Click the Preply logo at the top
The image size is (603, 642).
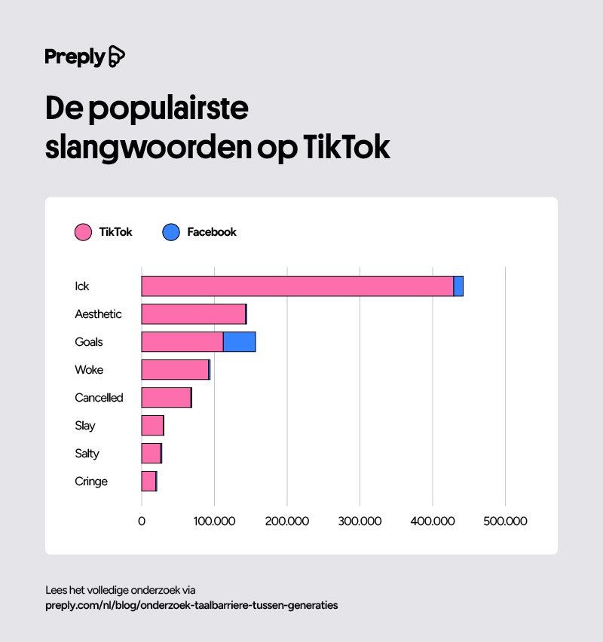pyautogui.click(x=84, y=57)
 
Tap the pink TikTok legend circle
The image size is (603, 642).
pyautogui.click(x=84, y=232)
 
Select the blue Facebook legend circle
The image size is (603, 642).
pyautogui.click(x=171, y=232)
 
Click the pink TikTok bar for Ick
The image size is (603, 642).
pyautogui.click(x=297, y=286)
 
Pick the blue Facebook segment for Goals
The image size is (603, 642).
pyautogui.click(x=240, y=342)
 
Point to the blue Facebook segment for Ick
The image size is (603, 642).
pyautogui.click(x=458, y=286)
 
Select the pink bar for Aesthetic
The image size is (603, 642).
pyautogui.click(x=193, y=314)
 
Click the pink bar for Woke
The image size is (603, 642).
pyautogui.click(x=175, y=370)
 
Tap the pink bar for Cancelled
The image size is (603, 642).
pyautogui.click(x=166, y=398)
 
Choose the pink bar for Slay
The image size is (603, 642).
pyautogui.click(x=152, y=426)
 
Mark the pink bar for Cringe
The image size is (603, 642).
pyautogui.click(x=148, y=481)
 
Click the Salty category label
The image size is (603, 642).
pyautogui.click(x=87, y=454)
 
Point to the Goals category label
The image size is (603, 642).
pyautogui.click(x=89, y=342)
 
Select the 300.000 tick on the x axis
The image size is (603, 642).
pyautogui.click(x=360, y=521)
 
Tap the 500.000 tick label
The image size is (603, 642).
pyautogui.click(x=505, y=521)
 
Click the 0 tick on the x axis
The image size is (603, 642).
pyautogui.click(x=142, y=521)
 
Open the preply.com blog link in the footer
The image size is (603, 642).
pyautogui.click(x=191, y=604)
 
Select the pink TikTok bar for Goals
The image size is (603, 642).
pyautogui.click(x=182, y=342)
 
